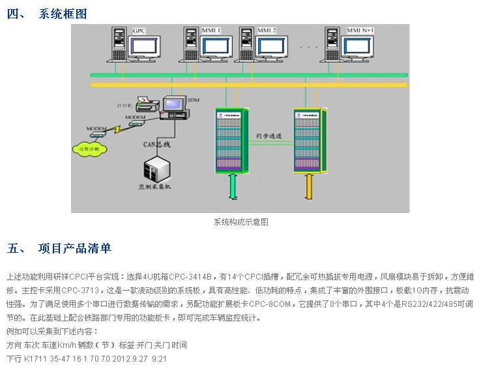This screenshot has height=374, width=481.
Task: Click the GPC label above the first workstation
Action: pos(139,31)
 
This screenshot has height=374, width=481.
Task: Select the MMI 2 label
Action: pos(267,31)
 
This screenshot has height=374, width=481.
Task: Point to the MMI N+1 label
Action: pos(360,31)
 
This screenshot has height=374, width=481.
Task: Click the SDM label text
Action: pos(193,100)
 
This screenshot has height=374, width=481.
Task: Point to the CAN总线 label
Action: pos(156,144)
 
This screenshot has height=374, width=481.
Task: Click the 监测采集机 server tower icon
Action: pos(156,170)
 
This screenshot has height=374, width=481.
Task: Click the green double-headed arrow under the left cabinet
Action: pos(233,188)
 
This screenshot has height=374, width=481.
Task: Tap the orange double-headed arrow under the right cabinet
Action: pos(310,188)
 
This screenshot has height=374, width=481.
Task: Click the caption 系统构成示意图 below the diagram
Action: pos(241,222)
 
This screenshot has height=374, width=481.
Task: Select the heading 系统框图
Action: pos(63,14)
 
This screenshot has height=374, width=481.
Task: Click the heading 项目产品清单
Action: pos(75,248)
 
